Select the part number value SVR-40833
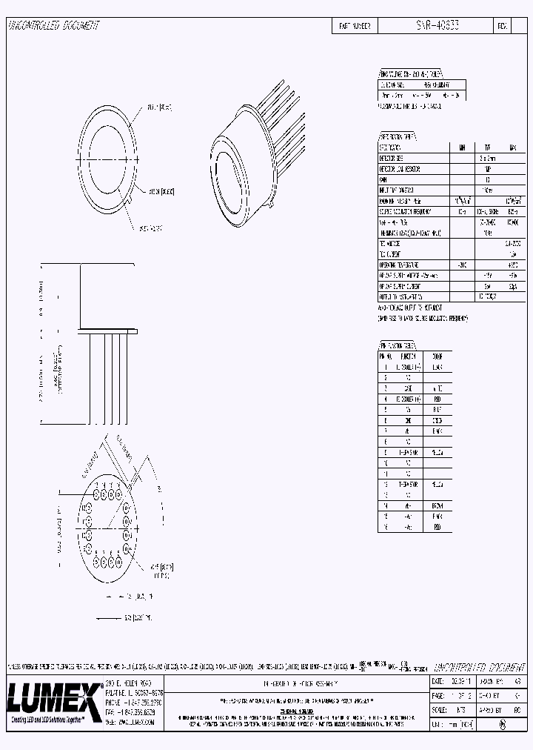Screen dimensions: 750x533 [436, 25]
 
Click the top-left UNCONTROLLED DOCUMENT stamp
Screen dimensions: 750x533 [53, 25]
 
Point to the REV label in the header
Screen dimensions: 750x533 [502, 25]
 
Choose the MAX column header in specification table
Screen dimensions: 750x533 [512, 147]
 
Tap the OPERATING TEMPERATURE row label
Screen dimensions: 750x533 [400, 264]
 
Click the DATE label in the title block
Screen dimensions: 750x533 [438, 680]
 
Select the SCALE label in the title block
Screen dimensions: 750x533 [438, 709]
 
